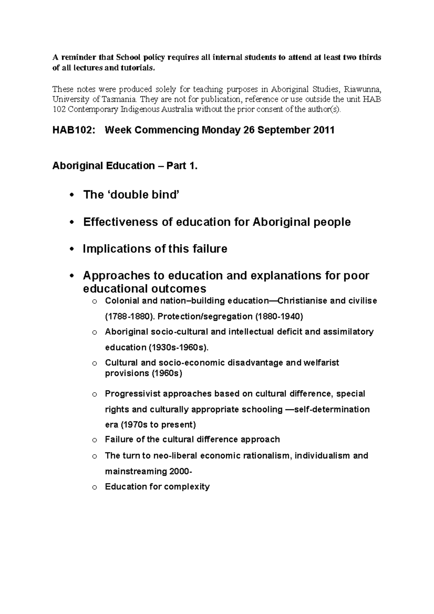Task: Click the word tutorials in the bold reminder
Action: point(139,68)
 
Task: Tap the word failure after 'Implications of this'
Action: point(209,249)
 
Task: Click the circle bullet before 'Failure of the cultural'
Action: point(95,440)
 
